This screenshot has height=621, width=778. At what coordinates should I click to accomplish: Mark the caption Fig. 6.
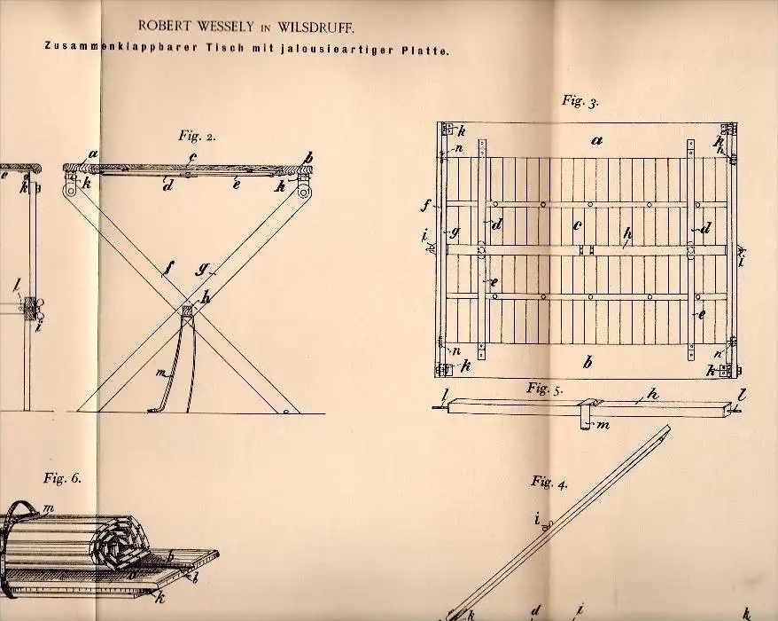(x=61, y=477)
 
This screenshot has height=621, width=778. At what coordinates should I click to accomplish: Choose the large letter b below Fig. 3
(x=587, y=362)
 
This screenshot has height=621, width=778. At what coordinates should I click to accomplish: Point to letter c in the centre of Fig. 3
(x=578, y=225)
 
